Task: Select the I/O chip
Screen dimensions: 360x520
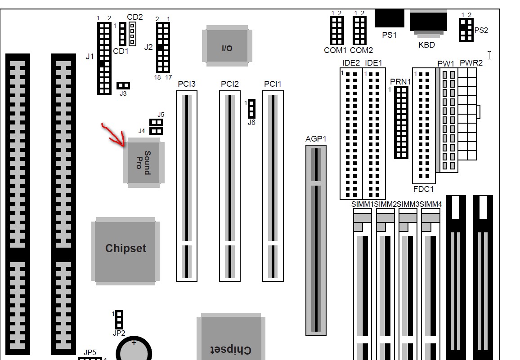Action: coord(227,47)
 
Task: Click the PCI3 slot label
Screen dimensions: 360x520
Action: coord(187,84)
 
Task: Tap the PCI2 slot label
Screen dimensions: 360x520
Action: coord(230,84)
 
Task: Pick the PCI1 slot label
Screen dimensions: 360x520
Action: coord(273,84)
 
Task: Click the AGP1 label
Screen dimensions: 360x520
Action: coord(315,139)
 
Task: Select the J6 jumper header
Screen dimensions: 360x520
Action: coord(251,108)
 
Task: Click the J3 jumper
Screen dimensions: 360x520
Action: coord(123,85)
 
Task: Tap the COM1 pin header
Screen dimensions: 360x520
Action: coord(336,30)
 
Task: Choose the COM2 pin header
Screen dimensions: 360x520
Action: coord(360,30)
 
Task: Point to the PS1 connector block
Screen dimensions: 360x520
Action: coord(389,18)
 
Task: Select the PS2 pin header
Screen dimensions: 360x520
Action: coord(466,30)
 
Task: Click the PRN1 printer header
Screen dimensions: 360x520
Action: coord(401,122)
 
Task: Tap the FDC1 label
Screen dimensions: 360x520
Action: coord(423,189)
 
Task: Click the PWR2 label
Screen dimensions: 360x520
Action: coord(471,63)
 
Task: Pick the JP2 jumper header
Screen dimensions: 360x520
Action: coord(119,320)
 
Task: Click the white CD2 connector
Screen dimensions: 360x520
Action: coord(132,34)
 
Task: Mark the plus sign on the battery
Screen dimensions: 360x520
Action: coord(134,342)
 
